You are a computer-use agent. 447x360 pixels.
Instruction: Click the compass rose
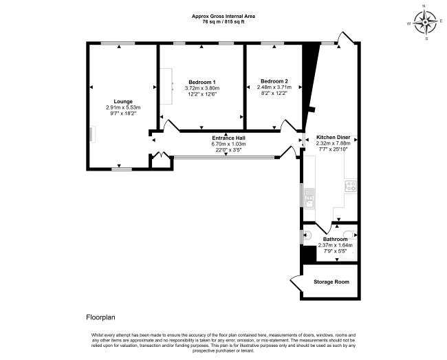426,22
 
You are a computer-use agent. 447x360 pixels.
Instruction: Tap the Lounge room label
123,101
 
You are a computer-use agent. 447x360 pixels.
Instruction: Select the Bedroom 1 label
201,82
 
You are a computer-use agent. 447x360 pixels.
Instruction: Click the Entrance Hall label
228,138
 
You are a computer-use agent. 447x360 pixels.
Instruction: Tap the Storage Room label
331,282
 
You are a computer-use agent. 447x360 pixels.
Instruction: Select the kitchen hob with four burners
350,185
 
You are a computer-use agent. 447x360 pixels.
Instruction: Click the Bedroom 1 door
171,126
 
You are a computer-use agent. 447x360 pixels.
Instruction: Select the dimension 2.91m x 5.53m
123,107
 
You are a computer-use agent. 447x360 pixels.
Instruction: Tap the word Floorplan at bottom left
100,318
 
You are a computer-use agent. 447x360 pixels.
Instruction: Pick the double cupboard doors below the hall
160,156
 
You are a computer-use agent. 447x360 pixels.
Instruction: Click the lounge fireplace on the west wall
89,134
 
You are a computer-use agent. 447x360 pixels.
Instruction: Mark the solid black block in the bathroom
309,253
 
